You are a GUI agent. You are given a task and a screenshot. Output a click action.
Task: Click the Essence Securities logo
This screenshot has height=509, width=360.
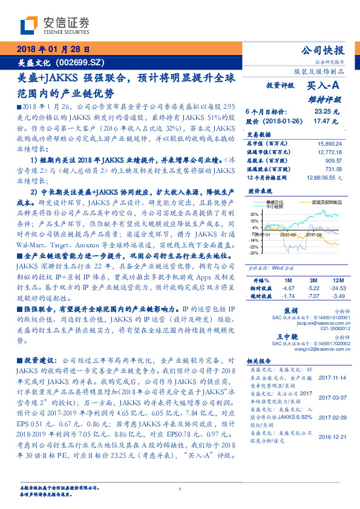[x=54, y=25]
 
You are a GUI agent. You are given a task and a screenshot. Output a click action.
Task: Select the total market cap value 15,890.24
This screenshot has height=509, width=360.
[x=330, y=143]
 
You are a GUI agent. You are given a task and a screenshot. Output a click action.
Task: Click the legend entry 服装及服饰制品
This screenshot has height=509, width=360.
[x=326, y=201]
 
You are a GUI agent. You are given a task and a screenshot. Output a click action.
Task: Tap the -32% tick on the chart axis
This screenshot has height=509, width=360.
[x=254, y=253]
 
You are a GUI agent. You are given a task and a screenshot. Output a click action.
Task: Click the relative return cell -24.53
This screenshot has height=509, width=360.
[x=336, y=288]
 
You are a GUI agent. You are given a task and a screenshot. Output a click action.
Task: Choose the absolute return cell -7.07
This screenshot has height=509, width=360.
[x=313, y=296]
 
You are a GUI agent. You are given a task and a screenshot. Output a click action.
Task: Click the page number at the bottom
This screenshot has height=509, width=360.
[x=180, y=489]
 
